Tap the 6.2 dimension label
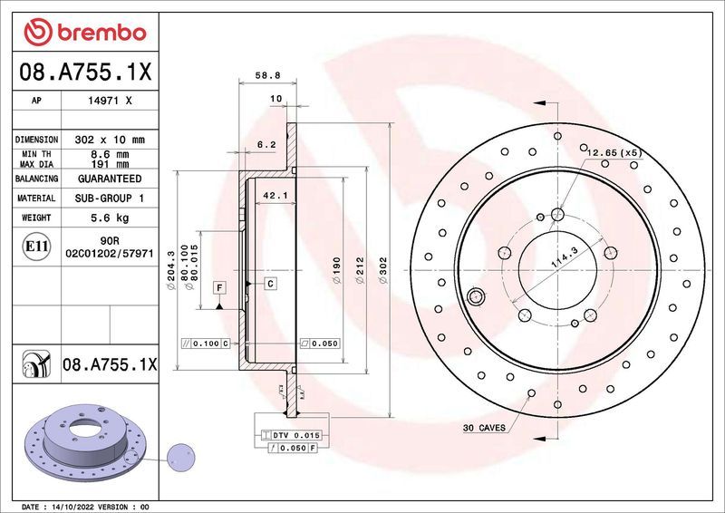266,144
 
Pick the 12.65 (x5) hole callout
614,152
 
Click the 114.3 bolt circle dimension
564,264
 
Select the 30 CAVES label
484,426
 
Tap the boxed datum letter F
218,287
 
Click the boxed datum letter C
270,284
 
